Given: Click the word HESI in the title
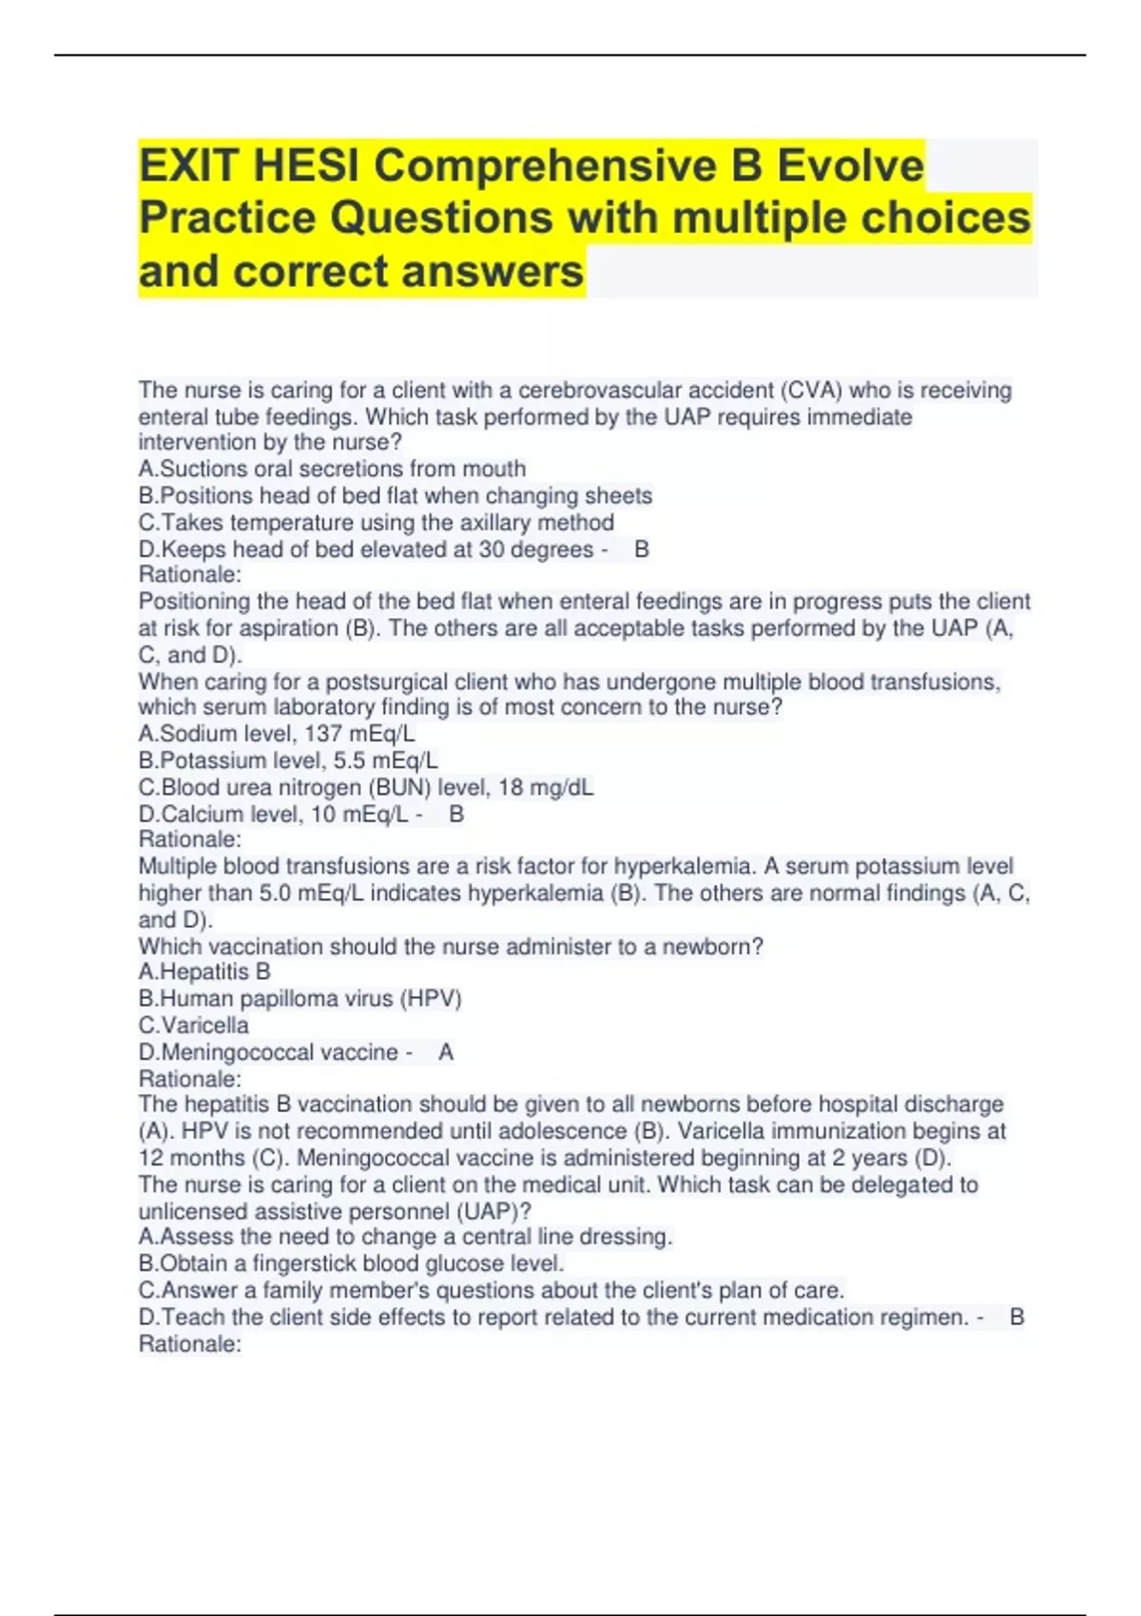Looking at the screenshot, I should (x=306, y=166).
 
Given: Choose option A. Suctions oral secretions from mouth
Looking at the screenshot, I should (x=332, y=469).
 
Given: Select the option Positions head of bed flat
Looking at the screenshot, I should (x=396, y=495).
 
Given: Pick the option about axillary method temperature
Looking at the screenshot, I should (x=377, y=523).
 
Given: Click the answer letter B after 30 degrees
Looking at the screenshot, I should (x=642, y=549).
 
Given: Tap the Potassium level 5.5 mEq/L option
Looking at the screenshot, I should (x=288, y=760).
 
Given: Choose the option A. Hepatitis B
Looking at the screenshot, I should (x=204, y=972).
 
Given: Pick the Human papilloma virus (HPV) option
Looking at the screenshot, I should (x=300, y=998).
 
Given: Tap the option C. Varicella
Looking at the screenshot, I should (x=194, y=1026).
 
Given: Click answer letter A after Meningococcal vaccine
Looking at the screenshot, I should (x=446, y=1052).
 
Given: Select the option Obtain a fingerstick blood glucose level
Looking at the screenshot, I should (x=352, y=1263).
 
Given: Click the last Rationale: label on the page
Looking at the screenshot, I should (x=190, y=1344).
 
